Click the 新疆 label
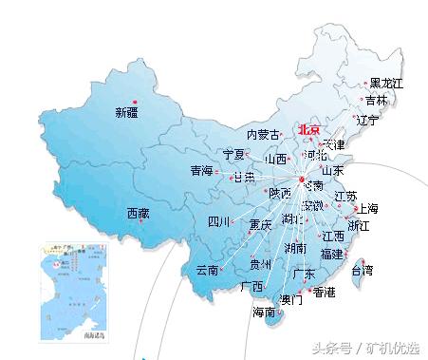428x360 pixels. click(127, 113)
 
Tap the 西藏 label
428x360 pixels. click(138, 214)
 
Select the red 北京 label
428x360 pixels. click(309, 130)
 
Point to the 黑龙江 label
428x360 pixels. click(386, 85)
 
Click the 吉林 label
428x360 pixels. click(376, 101)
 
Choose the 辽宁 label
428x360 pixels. click(367, 121)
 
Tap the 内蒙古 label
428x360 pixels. click(263, 135)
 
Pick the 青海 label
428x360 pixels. click(201, 171)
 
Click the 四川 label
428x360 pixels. click(220, 222)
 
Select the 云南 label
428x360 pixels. click(207, 270)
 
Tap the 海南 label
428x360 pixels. click(264, 312)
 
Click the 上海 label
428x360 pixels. click(365, 209)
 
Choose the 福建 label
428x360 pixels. click(331, 254)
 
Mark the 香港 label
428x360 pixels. click(324, 292)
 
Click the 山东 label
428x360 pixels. click(332, 171)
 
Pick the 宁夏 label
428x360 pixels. click(233, 154)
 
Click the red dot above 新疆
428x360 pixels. click(135, 101)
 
